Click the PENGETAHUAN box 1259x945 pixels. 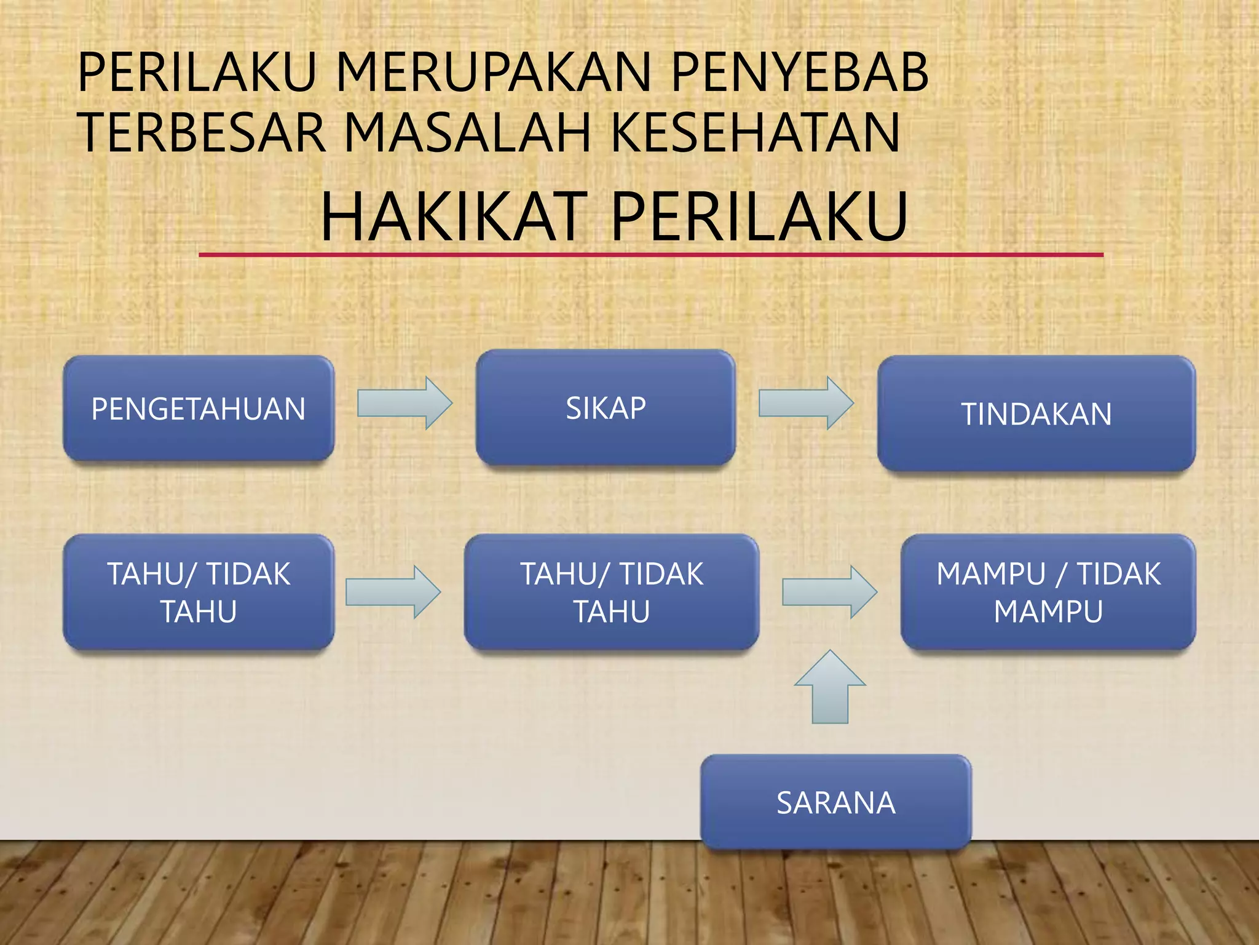click(199, 409)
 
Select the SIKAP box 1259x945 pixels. click(606, 407)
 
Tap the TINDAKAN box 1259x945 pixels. click(1036, 413)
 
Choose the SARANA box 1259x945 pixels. click(835, 802)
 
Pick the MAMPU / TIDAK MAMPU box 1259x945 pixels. click(1048, 592)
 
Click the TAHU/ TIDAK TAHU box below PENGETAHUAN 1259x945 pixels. click(199, 592)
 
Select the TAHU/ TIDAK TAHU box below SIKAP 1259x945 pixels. click(612, 592)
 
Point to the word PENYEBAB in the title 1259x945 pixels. click(799, 73)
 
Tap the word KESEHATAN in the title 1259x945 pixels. click(756, 132)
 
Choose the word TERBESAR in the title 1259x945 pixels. click(202, 132)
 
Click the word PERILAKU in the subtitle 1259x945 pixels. click(759, 217)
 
